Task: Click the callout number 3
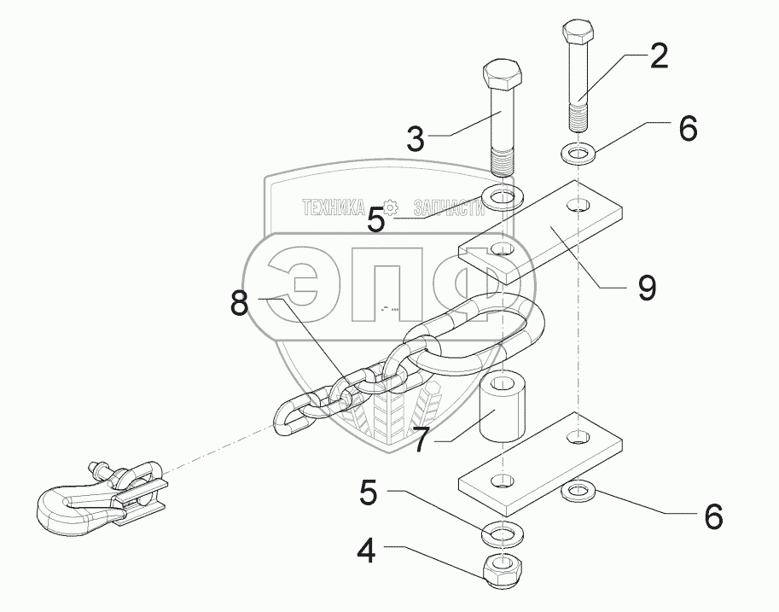point(416,139)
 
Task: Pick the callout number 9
point(648,288)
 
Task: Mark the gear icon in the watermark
point(392,207)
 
